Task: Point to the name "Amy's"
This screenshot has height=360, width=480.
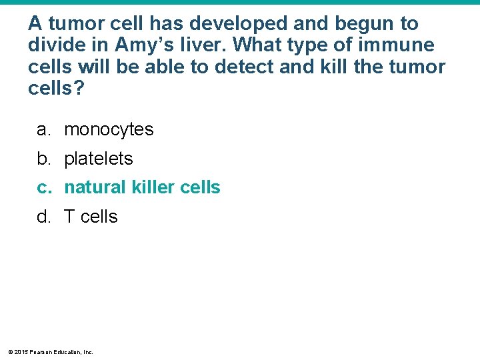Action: (145, 45)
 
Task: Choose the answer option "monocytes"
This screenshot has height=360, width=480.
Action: (109, 129)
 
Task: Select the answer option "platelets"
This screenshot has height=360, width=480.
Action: (99, 159)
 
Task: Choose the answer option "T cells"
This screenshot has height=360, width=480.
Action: (91, 217)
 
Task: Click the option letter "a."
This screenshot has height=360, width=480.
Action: (45, 129)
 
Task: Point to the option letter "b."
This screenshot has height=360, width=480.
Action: (45, 159)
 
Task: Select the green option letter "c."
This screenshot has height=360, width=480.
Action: (45, 187)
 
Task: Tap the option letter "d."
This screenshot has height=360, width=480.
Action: (45, 217)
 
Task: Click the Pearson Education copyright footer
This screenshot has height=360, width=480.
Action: (51, 351)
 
